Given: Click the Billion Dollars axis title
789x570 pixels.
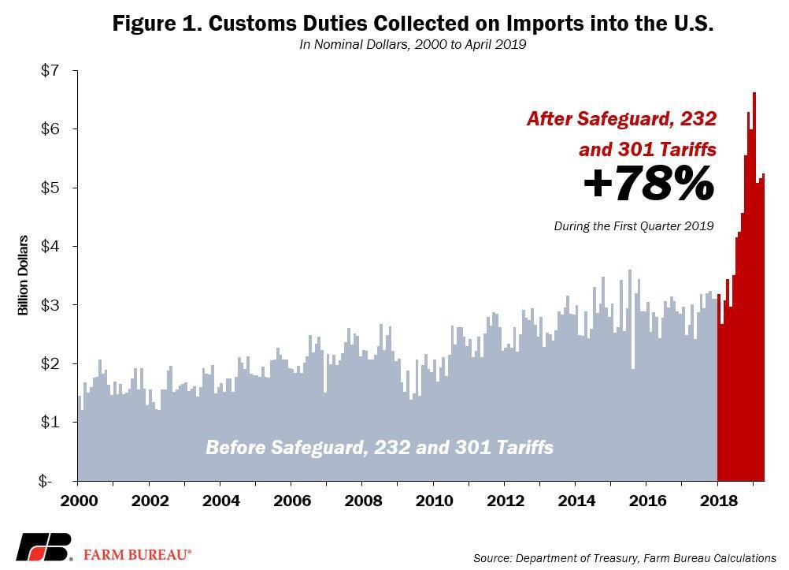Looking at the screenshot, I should (x=24, y=275).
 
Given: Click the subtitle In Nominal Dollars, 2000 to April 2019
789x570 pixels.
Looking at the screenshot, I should (x=413, y=45).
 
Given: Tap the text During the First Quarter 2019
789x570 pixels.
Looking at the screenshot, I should (x=634, y=226).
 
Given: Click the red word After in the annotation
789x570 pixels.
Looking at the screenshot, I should (x=551, y=120).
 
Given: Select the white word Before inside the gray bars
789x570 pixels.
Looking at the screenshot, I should (x=236, y=448).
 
